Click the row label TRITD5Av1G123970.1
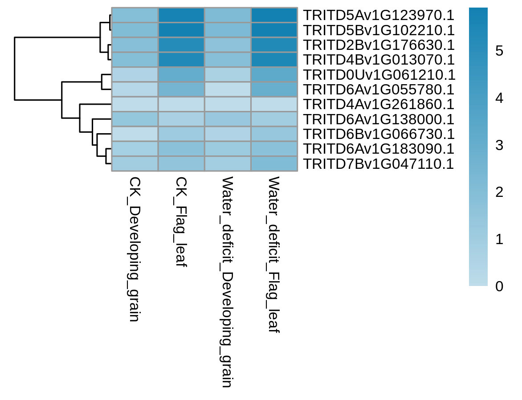tap(379, 15)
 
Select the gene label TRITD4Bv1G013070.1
tap(379, 60)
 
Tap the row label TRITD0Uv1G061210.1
tap(379, 75)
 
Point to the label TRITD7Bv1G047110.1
tap(379, 164)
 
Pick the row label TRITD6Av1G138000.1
tap(379, 119)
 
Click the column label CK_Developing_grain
tap(135, 249)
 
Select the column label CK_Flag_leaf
tap(181, 222)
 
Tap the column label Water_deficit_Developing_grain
tap(227, 282)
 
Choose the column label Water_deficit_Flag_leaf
tap(273, 255)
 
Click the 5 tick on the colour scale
tap(499, 51)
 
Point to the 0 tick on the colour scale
tap(499, 286)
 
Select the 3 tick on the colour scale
tap(499, 145)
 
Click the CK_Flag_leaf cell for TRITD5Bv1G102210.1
tap(181, 30)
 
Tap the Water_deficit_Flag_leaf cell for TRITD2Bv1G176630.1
tap(274, 45)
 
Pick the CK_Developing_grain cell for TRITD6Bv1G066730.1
tap(135, 134)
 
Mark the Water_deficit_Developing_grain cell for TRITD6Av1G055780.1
tap(228, 90)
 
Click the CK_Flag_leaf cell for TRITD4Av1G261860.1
tap(181, 104)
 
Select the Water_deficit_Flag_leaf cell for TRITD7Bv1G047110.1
tap(274, 164)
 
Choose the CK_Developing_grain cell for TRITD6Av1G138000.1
tap(135, 119)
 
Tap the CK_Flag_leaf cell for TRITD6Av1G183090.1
tap(181, 149)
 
